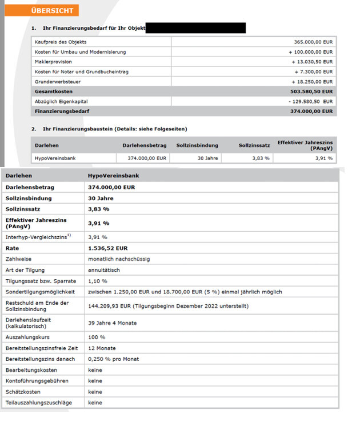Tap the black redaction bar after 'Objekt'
195,28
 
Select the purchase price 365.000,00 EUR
312,42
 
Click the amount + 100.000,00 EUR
309,52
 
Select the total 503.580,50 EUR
311,92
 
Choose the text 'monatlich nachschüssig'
119,259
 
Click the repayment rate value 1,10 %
97,281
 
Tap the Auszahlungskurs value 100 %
97,337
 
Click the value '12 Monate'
102,348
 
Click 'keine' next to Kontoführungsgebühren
95,380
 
